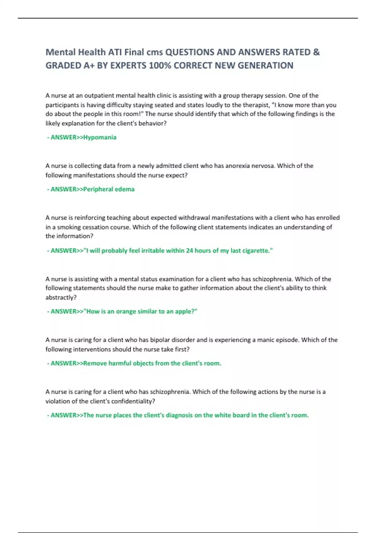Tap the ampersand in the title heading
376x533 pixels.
pyautogui.click(x=316, y=52)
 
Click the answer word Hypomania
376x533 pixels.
pyautogui.click(x=100, y=137)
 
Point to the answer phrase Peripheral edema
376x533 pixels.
pyautogui.click(x=109, y=189)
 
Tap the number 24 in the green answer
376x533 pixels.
pyautogui.click(x=189, y=251)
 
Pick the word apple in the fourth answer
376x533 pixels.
pyautogui.click(x=185, y=311)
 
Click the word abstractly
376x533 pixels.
pyautogui.click(x=60, y=297)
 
